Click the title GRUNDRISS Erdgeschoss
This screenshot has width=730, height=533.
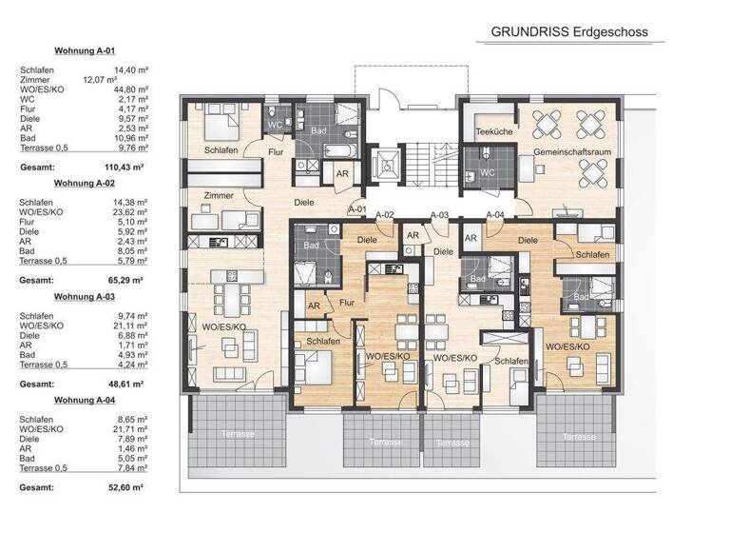click(568, 31)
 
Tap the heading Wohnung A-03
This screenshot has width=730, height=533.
click(85, 296)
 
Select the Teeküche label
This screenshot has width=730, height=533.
click(493, 131)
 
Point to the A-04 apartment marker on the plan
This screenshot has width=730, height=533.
click(494, 216)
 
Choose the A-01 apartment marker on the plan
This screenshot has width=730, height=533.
click(357, 208)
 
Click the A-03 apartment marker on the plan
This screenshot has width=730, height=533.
click(439, 216)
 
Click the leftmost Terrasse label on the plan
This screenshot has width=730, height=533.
click(235, 433)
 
